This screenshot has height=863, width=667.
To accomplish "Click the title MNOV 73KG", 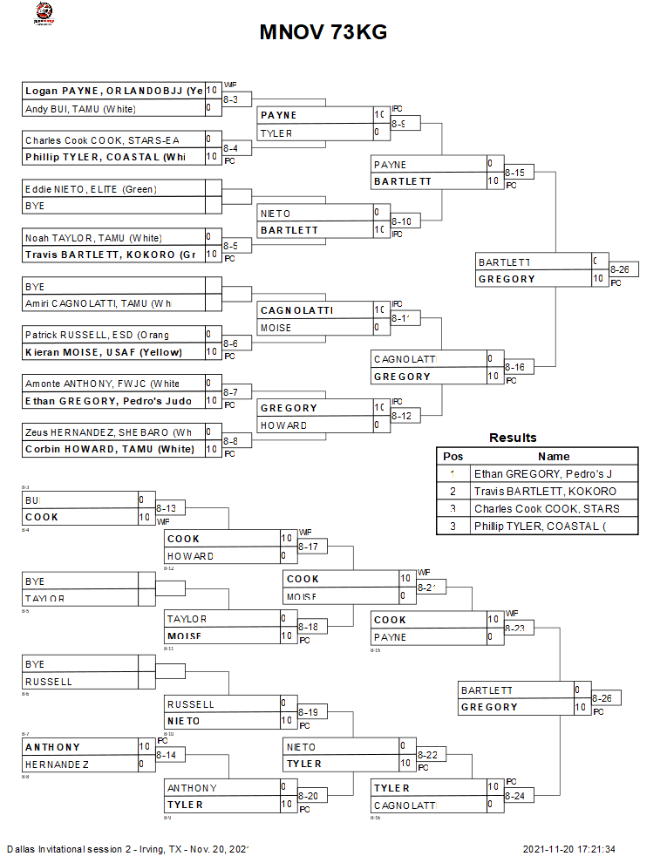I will (x=323, y=33).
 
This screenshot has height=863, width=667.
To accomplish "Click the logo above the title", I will (x=42, y=13).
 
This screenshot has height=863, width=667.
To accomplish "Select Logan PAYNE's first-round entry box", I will (x=113, y=91).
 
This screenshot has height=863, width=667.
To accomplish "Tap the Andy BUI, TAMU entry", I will (x=113, y=109).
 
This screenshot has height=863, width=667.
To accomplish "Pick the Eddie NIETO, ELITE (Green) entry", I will (x=113, y=189).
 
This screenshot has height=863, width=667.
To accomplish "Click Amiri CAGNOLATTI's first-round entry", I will (x=113, y=303).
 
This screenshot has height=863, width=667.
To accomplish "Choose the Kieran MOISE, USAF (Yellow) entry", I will (x=113, y=352).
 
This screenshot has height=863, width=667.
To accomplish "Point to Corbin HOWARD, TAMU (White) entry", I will (x=113, y=449).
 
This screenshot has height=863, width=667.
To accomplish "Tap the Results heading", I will (x=513, y=438).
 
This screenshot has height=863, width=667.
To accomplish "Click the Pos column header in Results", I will (x=453, y=456).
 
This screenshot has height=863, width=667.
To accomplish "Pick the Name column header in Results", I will (x=554, y=456).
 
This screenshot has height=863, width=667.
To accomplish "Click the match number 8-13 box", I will (x=170, y=508).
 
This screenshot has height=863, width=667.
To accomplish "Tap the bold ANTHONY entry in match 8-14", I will (x=80, y=747).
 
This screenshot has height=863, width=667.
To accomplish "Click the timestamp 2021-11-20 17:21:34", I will (x=570, y=849).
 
